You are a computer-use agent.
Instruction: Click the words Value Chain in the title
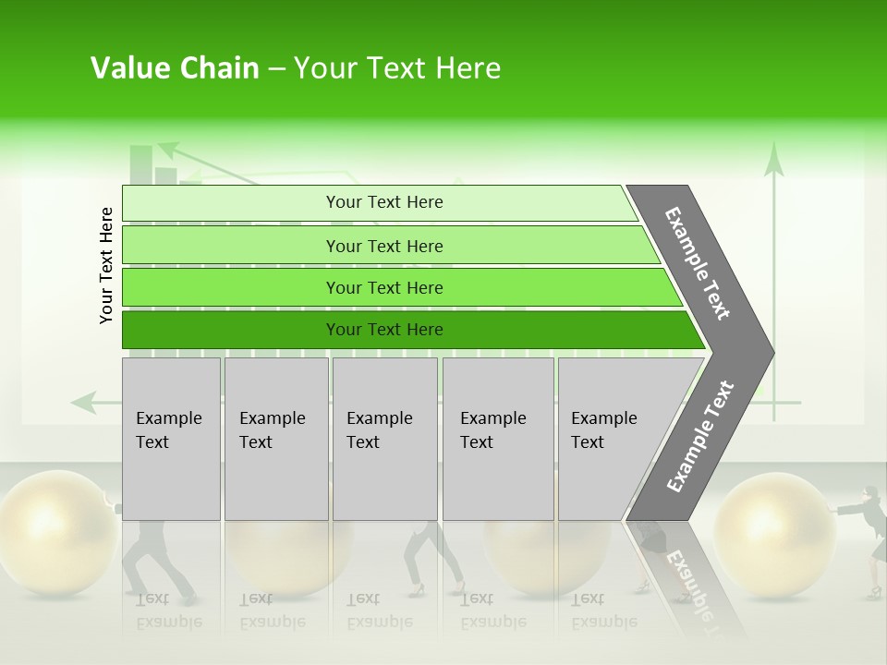point(175,68)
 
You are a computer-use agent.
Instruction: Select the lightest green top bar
point(383,202)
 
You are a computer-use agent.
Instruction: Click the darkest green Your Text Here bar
point(383,330)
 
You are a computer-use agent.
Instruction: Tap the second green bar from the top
point(383,246)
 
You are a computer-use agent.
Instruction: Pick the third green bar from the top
point(383,287)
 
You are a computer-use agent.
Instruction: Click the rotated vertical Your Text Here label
point(106,265)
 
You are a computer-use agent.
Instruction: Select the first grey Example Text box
point(171,439)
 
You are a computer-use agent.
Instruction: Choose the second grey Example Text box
point(275,439)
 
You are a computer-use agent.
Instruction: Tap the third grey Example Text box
point(384,439)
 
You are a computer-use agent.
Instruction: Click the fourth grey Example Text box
point(497,439)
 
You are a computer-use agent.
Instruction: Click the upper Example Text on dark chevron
point(699,263)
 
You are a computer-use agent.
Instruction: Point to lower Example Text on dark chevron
point(699,437)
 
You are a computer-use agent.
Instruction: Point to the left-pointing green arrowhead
point(83,402)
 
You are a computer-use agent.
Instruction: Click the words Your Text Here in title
point(397,68)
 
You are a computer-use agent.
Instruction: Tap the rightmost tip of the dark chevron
point(772,353)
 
